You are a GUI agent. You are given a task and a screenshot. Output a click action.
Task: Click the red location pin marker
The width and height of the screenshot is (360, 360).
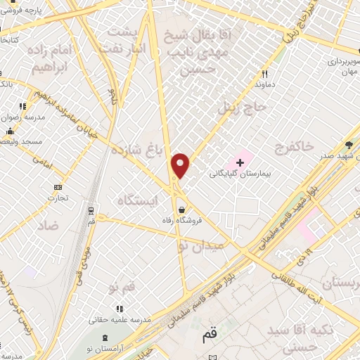(181, 165)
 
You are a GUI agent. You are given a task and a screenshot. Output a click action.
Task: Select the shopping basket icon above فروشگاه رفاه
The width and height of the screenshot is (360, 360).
(183, 210)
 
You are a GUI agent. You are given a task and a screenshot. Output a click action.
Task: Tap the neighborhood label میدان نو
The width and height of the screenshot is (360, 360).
(201, 246)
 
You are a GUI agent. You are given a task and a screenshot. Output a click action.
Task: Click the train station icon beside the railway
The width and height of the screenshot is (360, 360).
(91, 209)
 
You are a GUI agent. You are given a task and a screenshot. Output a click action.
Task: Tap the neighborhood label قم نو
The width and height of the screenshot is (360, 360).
(121, 288)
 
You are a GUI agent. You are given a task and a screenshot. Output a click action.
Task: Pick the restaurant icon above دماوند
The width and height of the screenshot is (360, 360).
(266, 74)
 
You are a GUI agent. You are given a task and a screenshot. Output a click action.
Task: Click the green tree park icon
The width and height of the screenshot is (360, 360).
(349, 146)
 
